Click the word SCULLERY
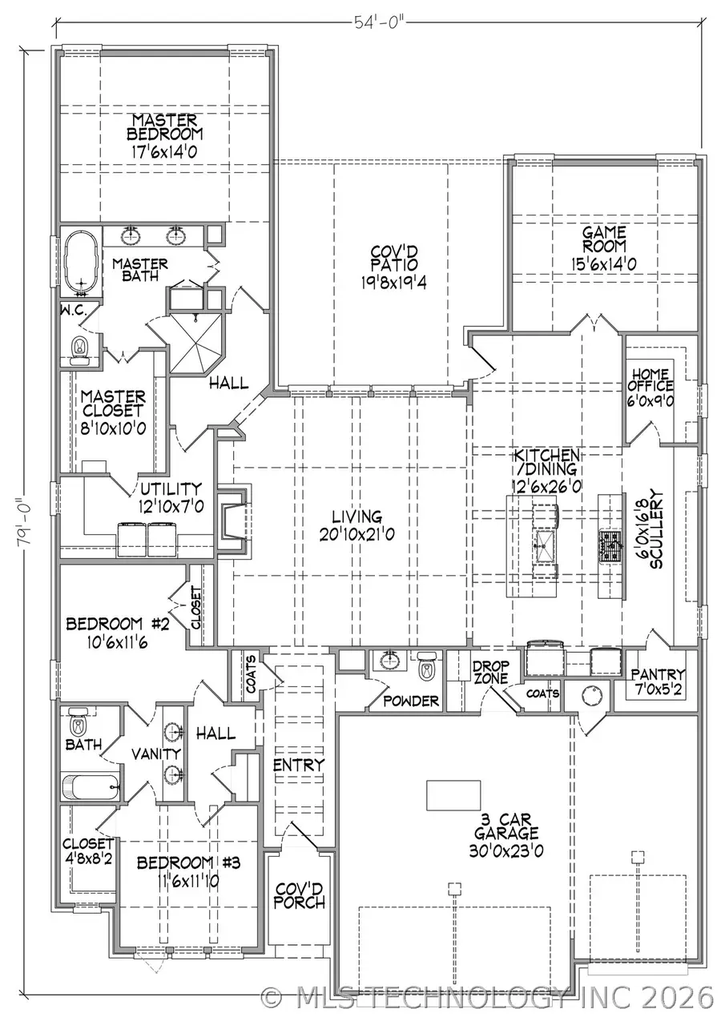(658, 529)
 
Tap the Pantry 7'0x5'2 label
(657, 681)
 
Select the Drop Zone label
(490, 672)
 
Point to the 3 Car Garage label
(499, 834)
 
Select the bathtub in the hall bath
(91, 786)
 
